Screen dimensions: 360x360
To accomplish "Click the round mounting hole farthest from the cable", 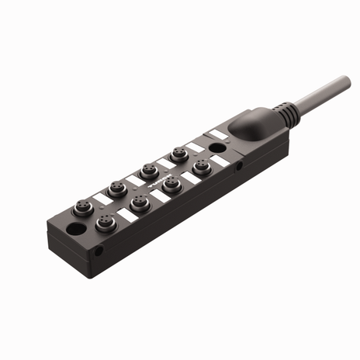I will [77, 230].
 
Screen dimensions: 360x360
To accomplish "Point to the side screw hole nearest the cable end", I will [240, 165].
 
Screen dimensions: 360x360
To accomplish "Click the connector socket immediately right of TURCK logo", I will [171, 183].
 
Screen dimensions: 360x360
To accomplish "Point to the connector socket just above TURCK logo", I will [148, 170].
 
